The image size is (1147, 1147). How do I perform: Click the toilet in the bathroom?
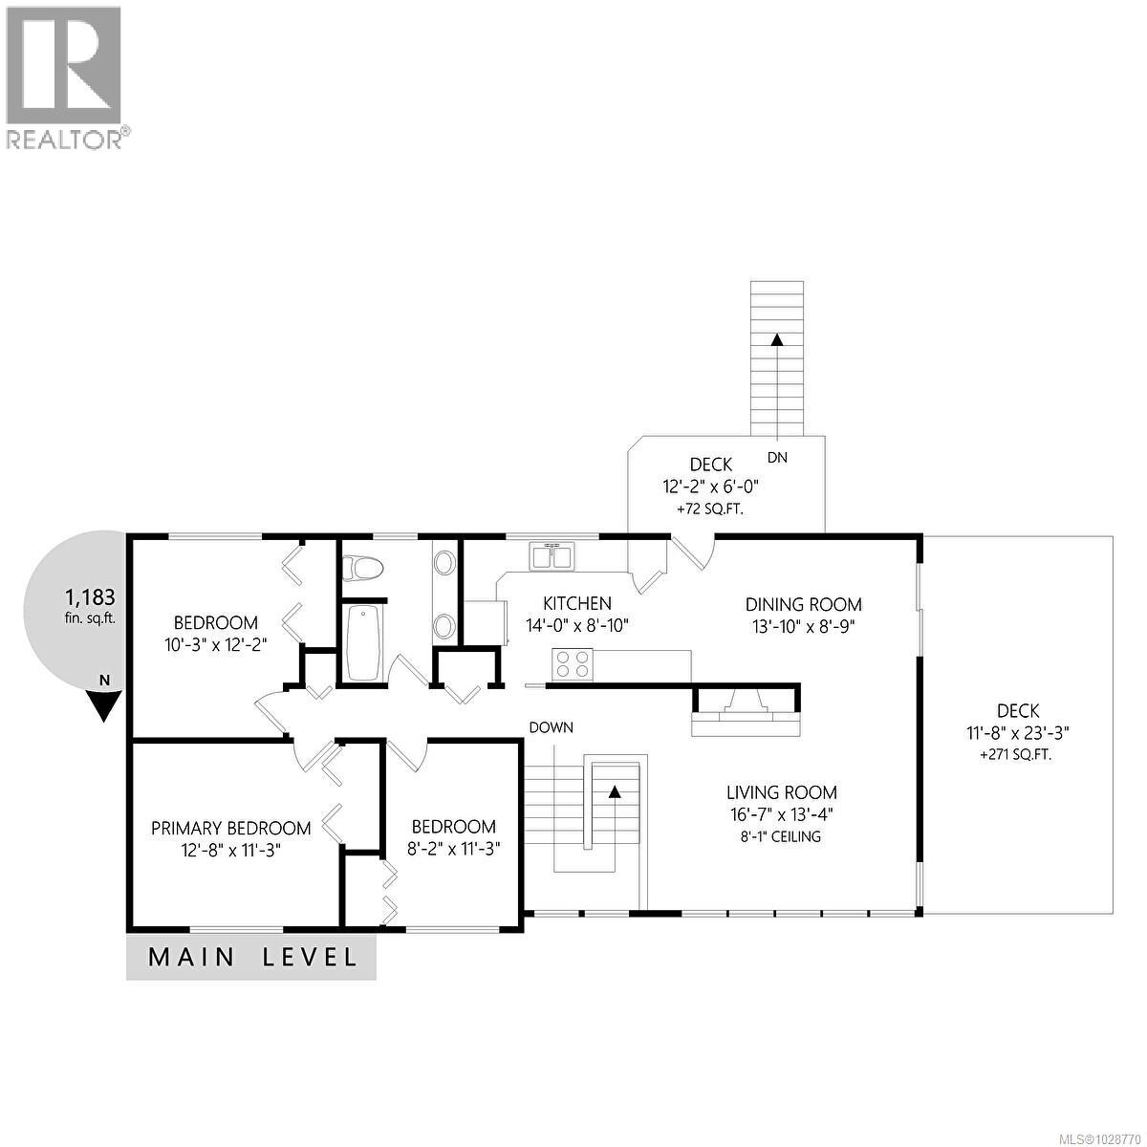[x=363, y=568]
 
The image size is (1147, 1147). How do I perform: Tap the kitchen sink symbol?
[x=552, y=555]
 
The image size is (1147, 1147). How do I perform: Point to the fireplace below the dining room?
[x=746, y=712]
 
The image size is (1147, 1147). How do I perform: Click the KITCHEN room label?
[x=576, y=603]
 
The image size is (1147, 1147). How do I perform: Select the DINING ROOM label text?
[x=803, y=604]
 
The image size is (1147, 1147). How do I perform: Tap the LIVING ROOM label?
[x=781, y=791]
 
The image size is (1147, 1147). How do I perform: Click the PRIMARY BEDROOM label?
[x=230, y=828]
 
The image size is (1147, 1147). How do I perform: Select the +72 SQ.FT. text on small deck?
[x=710, y=509]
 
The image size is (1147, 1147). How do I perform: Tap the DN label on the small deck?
[x=777, y=458]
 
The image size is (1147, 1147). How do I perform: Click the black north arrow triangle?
[x=103, y=704]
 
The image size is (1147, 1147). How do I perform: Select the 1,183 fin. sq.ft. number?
[x=90, y=597]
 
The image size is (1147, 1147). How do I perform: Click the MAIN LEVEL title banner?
[x=251, y=957]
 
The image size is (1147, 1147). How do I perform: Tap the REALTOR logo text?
[x=65, y=140]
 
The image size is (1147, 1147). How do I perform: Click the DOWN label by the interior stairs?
[x=552, y=727]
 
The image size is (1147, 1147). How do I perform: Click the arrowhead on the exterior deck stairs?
[x=777, y=339]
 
